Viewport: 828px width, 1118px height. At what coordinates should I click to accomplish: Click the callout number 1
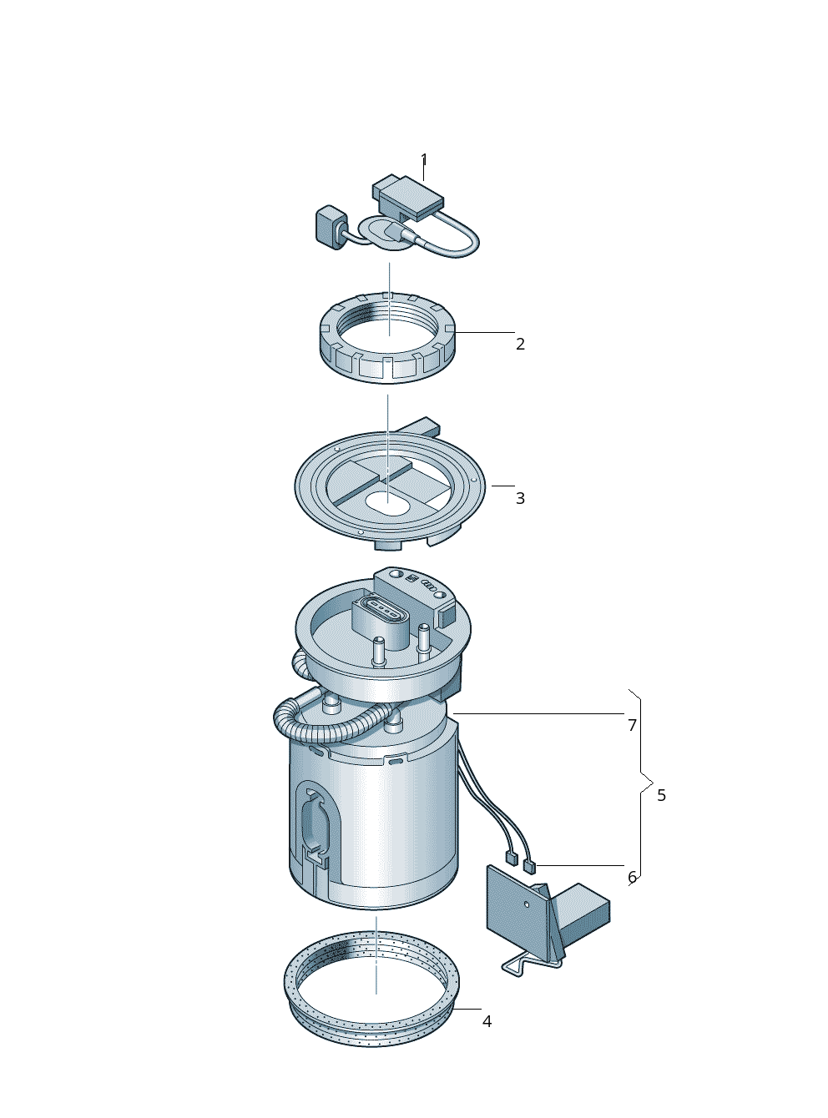424,160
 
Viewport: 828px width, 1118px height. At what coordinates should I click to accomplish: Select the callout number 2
520,344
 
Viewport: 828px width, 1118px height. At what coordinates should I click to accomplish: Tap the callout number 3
520,498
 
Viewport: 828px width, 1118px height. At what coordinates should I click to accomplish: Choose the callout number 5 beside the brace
662,795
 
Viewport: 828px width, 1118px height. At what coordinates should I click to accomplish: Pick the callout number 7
633,725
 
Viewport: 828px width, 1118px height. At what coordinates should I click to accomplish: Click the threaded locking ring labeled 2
387,337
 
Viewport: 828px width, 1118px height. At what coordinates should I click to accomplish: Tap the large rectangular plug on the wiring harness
408,197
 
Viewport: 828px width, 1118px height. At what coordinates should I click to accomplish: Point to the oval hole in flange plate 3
386,502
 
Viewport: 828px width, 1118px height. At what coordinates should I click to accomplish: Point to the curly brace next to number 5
641,795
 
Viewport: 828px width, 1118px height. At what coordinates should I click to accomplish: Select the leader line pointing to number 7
538,713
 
